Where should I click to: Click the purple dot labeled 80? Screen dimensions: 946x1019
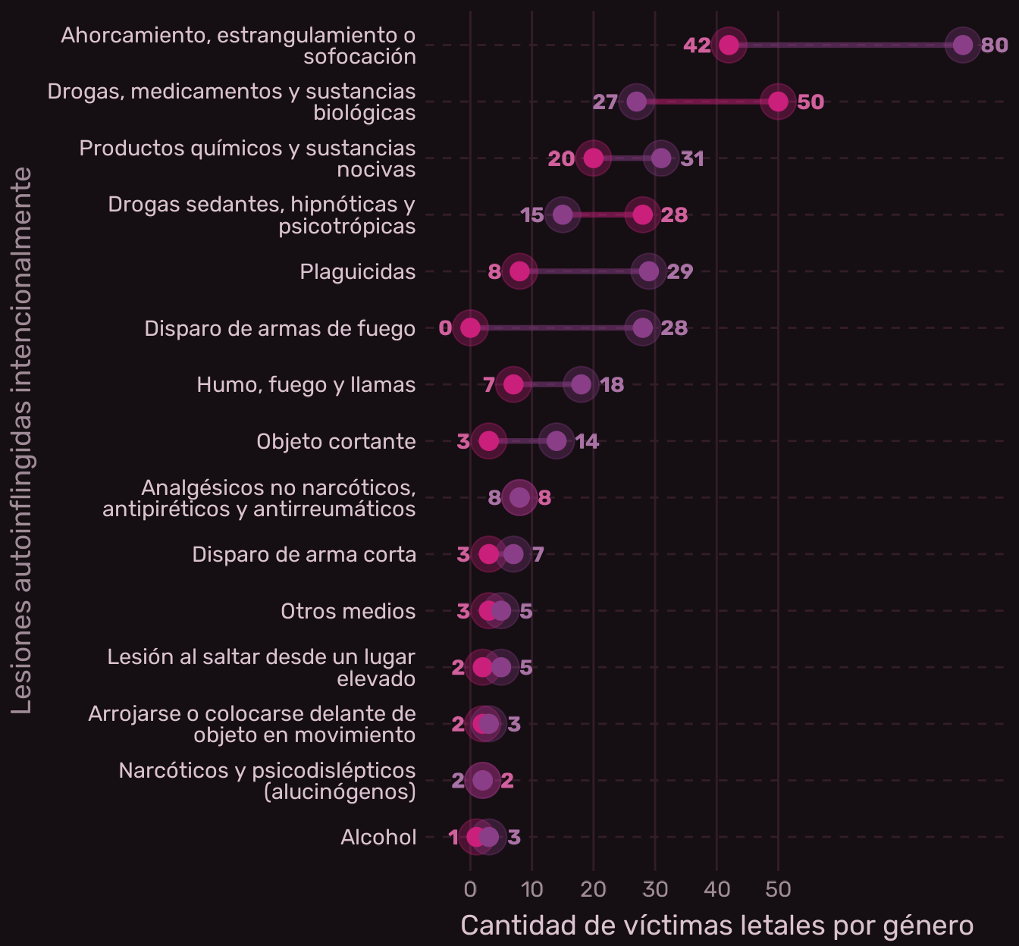point(963,45)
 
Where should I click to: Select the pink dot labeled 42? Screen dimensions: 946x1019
point(729,45)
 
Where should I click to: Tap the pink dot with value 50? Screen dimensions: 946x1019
point(778,102)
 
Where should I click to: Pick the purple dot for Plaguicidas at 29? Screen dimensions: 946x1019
point(648,271)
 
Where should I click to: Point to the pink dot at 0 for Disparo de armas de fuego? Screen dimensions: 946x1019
point(470,328)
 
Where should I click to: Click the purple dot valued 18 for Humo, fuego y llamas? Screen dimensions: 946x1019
point(581,384)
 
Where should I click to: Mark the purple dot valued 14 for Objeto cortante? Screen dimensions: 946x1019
point(557,441)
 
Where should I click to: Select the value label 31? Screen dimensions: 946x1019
point(692,158)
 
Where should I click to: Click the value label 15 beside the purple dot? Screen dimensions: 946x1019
point(532,215)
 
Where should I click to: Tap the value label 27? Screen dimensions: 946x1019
point(605,102)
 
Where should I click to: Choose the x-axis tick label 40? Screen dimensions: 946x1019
point(716,889)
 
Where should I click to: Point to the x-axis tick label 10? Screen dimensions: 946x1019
point(532,889)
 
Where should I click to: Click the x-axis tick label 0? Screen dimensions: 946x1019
point(470,889)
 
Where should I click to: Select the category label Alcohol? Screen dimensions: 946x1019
point(378,837)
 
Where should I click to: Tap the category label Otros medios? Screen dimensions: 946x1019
point(348,611)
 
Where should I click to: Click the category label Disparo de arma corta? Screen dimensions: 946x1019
point(304,554)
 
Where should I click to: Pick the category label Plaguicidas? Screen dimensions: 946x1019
point(357,271)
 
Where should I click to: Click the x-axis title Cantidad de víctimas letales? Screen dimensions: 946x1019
point(716,926)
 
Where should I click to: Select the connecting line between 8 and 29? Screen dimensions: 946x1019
point(584,271)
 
